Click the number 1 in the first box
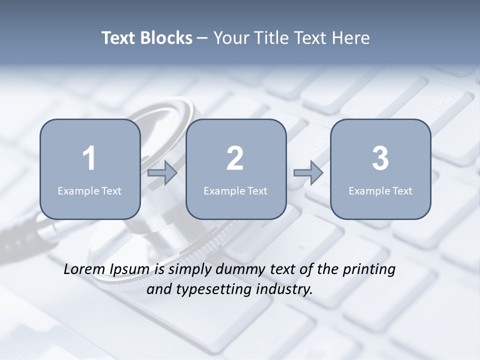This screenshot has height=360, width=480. pos(89,158)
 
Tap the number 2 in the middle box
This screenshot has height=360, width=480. pos(235,158)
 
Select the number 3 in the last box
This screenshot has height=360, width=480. pos(380,158)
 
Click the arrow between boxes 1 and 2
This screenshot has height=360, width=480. pos(162,173)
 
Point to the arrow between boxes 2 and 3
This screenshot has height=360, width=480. pos(308,173)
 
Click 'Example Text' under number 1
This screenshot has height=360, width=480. pos(89,191)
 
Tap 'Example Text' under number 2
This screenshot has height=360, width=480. pos(235,191)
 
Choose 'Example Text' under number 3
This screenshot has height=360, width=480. pos(380,191)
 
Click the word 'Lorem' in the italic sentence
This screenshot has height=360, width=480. pos(84,269)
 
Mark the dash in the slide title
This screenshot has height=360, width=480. pos(202,38)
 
